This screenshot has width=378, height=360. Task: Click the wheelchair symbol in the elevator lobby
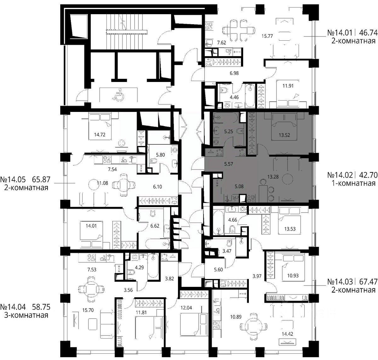pyautogui.click(x=118, y=95)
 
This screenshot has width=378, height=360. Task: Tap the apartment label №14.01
pyautogui.click(x=340, y=33)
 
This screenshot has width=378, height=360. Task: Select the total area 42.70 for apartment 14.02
pyautogui.click(x=368, y=175)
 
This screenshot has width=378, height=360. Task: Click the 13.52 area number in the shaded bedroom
pyautogui.click(x=284, y=135)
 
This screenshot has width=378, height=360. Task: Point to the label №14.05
pyautogui.click(x=13, y=179)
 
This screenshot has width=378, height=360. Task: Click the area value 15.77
pyautogui.click(x=267, y=36)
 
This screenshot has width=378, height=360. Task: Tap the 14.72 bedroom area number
pyautogui.click(x=100, y=135)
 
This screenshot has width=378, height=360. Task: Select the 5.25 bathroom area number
pyautogui.click(x=228, y=131)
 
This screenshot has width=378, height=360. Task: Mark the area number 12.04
pyautogui.click(x=186, y=308)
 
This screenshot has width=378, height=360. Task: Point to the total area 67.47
pyautogui.click(x=368, y=282)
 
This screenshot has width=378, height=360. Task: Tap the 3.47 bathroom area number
pyautogui.click(x=227, y=251)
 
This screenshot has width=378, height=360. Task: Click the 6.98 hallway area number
pyautogui.click(x=234, y=73)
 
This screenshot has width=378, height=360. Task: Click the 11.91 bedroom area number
pyautogui.click(x=288, y=86)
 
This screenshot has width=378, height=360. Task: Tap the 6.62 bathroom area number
pyautogui.click(x=155, y=226)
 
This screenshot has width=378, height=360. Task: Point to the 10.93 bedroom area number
pyautogui.click(x=293, y=276)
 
